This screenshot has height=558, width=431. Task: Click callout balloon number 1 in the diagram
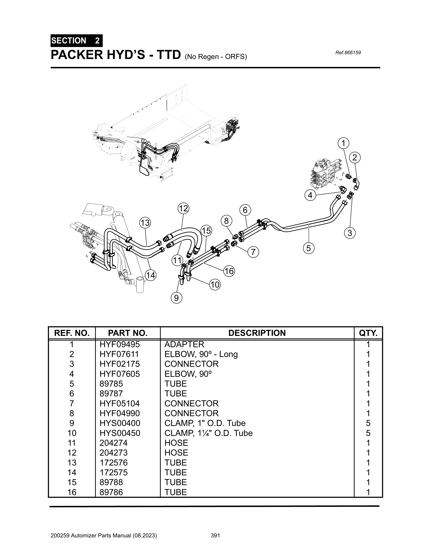tap(344, 143)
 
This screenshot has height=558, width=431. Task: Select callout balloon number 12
tap(183, 208)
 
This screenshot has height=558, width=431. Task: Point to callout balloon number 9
tap(176, 298)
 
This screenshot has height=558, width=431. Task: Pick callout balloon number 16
tap(229, 271)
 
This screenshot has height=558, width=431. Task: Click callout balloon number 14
tap(151, 275)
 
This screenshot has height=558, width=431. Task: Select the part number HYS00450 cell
tap(120, 433)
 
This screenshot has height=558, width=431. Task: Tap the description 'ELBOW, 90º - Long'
tap(201, 354)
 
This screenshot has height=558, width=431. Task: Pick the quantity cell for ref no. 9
tap(368, 423)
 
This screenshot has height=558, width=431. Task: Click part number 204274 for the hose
tap(113, 443)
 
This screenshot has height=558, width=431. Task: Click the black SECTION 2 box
tap(76, 41)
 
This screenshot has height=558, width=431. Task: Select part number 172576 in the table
tap(113, 462)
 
